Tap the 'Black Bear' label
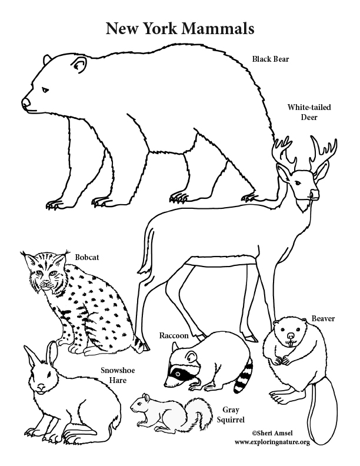coord(271,59)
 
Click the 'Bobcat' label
coord(87,257)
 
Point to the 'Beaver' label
coord(323,318)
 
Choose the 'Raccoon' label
coord(174,335)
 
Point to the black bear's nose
coord(25,103)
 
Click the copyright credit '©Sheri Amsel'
coord(269,432)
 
